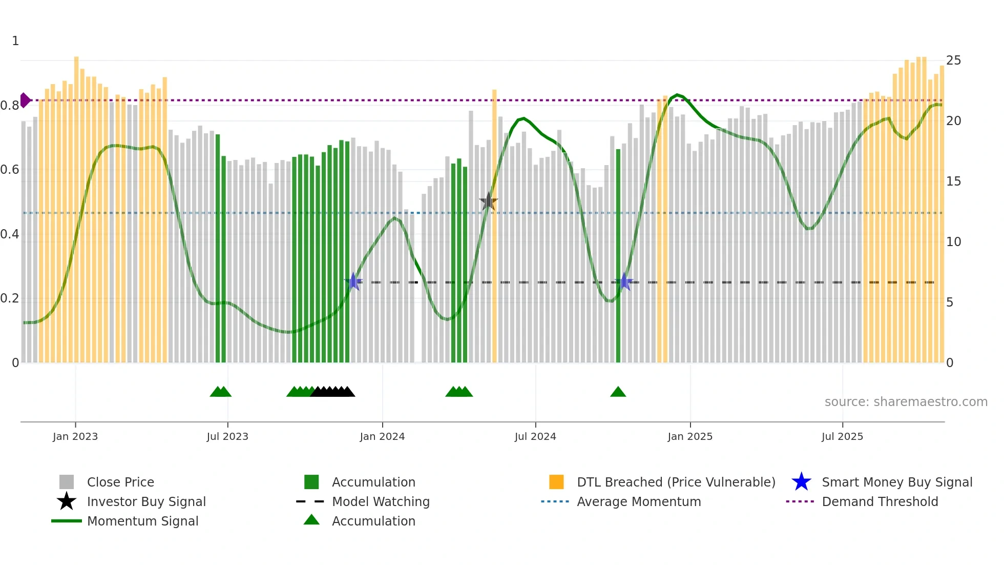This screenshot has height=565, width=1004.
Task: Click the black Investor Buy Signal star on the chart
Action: point(488,201)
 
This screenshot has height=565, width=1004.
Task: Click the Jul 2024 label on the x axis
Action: point(535,436)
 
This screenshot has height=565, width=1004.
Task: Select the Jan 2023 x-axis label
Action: point(75,436)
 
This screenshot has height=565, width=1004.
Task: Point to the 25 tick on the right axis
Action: point(953,60)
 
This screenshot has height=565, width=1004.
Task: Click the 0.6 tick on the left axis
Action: point(10,170)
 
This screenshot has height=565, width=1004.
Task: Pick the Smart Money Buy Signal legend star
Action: point(801,482)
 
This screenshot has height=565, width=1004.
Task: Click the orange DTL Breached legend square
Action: point(556,482)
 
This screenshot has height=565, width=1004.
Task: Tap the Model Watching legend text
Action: point(381,501)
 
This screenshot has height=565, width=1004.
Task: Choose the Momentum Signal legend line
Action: point(67,521)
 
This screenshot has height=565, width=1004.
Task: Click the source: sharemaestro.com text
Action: point(906,402)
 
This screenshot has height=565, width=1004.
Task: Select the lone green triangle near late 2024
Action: point(618,392)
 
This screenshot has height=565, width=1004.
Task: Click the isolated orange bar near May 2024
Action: point(494,226)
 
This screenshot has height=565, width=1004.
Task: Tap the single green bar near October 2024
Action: point(618,256)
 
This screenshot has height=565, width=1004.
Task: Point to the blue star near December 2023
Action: point(353,281)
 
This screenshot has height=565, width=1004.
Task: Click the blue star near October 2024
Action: point(624,281)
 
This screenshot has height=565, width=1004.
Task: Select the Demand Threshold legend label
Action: point(880,501)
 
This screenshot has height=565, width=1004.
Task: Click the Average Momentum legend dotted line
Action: point(555,501)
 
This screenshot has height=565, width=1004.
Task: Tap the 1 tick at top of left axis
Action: point(15,41)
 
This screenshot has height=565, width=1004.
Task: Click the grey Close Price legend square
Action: point(67,482)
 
